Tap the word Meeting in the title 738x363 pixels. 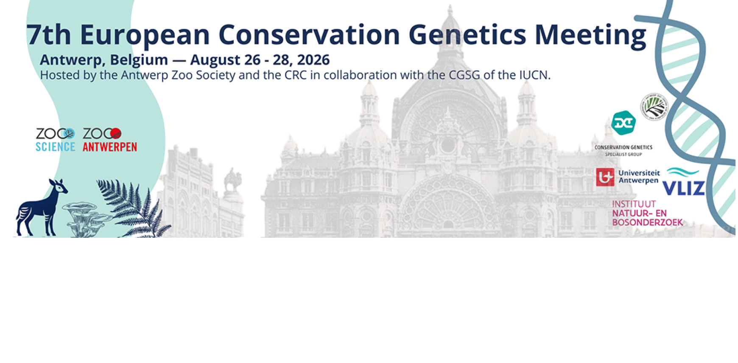pos(590,35)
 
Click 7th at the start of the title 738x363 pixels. pos(49,35)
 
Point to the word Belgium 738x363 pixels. pos(139,60)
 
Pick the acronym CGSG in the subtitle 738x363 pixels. pos(464,75)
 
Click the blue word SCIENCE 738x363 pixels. pos(55,147)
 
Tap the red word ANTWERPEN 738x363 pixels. pos(109,147)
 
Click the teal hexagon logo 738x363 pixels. pos(623,123)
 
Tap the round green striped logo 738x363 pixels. pos(654,107)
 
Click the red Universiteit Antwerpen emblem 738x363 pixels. pos(605,177)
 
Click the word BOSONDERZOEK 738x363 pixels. pos(647,222)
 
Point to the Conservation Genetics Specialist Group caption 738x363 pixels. pos(623,150)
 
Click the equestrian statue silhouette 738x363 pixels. pos(232,180)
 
